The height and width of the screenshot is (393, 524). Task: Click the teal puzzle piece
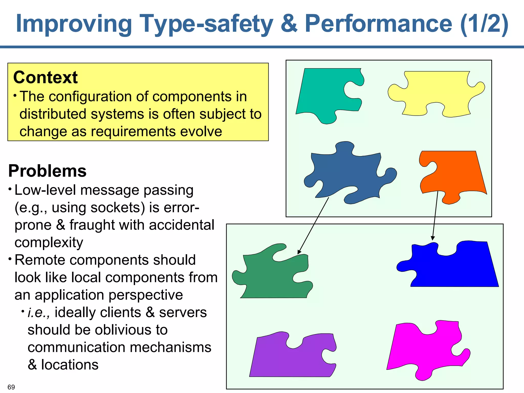tap(325, 92)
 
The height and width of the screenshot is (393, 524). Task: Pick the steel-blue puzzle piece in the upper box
tap(348, 174)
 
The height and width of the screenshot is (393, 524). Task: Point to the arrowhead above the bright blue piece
tap(433, 238)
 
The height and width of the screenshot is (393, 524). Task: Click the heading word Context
tap(45, 77)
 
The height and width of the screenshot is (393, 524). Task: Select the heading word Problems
tap(47, 171)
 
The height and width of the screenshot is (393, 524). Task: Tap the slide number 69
tap(11, 387)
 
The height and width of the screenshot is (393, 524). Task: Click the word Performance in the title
tap(379, 24)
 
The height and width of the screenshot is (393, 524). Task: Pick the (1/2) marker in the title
tap(484, 24)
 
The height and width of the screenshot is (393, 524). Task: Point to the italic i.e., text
tap(38, 312)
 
